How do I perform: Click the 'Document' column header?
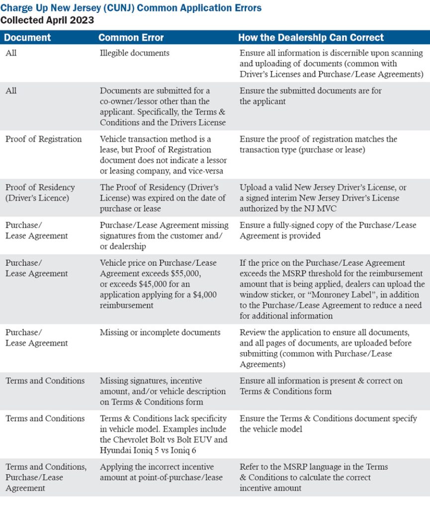tap(28, 38)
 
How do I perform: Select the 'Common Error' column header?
tap(131, 38)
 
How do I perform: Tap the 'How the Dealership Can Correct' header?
tap(311, 38)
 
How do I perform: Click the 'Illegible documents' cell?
tap(135, 53)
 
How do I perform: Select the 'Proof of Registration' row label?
tap(43, 139)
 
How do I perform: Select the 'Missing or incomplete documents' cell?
tap(160, 332)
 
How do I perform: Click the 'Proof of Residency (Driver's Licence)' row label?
tap(40, 192)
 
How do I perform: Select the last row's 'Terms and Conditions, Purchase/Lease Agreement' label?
tap(46, 477)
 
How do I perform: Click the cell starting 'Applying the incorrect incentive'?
tap(157, 472)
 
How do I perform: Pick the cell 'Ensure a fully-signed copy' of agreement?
tap(328, 230)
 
